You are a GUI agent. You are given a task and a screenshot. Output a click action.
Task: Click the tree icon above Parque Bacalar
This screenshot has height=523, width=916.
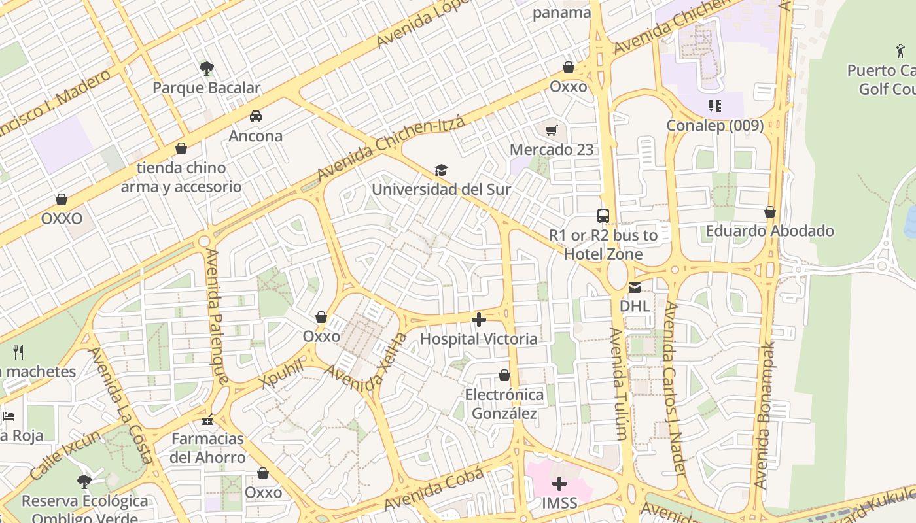[207, 68]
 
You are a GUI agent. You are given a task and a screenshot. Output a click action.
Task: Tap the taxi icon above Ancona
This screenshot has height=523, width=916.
[256, 116]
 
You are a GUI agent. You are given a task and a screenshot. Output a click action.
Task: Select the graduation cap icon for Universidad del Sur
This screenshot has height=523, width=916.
[442, 171]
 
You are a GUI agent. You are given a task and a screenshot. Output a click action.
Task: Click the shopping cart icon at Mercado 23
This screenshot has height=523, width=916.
[552, 130]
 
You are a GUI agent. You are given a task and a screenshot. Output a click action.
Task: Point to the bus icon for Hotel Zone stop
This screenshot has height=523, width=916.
[603, 216]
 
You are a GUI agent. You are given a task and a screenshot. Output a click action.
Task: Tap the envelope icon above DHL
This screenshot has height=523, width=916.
[635, 287]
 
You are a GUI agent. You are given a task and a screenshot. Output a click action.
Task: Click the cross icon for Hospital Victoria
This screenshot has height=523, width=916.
[479, 320]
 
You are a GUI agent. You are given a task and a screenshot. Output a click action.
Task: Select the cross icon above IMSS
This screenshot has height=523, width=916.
[559, 484]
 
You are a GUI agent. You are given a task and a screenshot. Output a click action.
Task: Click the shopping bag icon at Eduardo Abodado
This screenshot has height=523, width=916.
[770, 212]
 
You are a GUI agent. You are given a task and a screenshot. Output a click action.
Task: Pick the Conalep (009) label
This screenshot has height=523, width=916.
[714, 125]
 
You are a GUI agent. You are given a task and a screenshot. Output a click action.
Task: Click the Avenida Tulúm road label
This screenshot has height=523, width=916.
[618, 382]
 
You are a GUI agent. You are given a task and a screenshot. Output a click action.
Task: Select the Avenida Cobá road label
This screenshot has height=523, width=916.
[434, 490]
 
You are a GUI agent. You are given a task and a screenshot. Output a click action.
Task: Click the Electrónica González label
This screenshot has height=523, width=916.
[504, 404]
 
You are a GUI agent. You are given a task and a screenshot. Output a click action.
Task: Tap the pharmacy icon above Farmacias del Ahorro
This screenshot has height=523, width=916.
[208, 419]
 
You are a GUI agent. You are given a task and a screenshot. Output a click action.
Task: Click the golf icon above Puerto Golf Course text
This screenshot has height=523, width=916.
[900, 50]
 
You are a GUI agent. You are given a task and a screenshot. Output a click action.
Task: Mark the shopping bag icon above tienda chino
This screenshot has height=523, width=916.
[181, 148]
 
